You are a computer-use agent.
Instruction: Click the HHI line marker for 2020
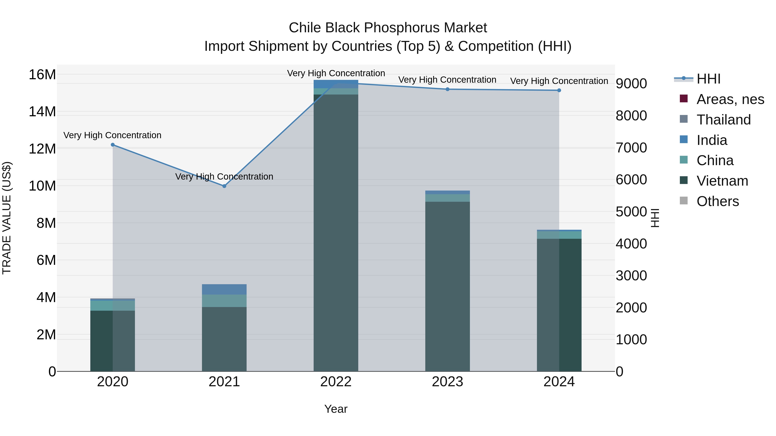pos(113,145)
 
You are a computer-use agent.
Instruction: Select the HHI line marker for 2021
pos(224,186)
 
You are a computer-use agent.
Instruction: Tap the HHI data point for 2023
pos(447,89)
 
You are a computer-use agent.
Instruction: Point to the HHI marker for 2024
pos(559,90)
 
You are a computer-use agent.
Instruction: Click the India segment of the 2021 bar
pos(224,289)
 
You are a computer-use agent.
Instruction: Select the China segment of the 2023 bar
pos(447,198)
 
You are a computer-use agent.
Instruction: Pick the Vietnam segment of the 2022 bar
pos(336,232)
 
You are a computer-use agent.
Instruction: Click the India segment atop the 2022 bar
pos(336,84)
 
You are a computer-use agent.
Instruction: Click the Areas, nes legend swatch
pos(684,99)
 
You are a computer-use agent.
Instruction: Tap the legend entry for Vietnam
pos(722,181)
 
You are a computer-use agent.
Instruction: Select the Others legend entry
pos(718,201)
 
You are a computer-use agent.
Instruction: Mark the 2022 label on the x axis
pos(336,382)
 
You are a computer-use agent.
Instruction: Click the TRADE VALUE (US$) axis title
pos(7,218)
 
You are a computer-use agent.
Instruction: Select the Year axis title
pos(336,409)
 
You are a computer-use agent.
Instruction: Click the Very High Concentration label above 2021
pos(224,176)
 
